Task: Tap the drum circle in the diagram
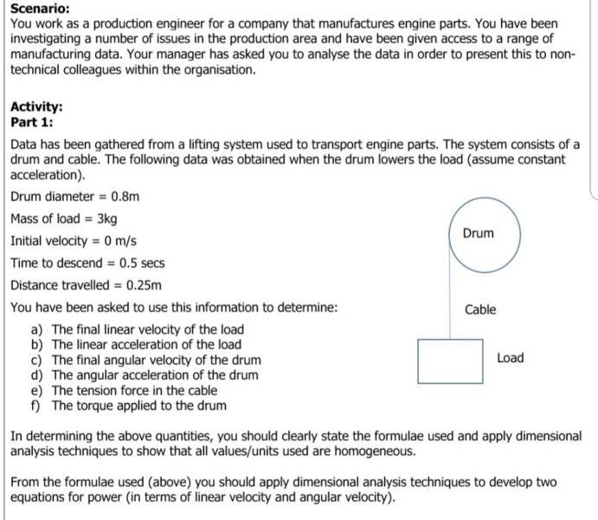coord(478,234)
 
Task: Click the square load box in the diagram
coord(450,361)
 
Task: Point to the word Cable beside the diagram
coord(480,309)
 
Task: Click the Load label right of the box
coord(511,358)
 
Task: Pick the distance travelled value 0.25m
coord(144,285)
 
